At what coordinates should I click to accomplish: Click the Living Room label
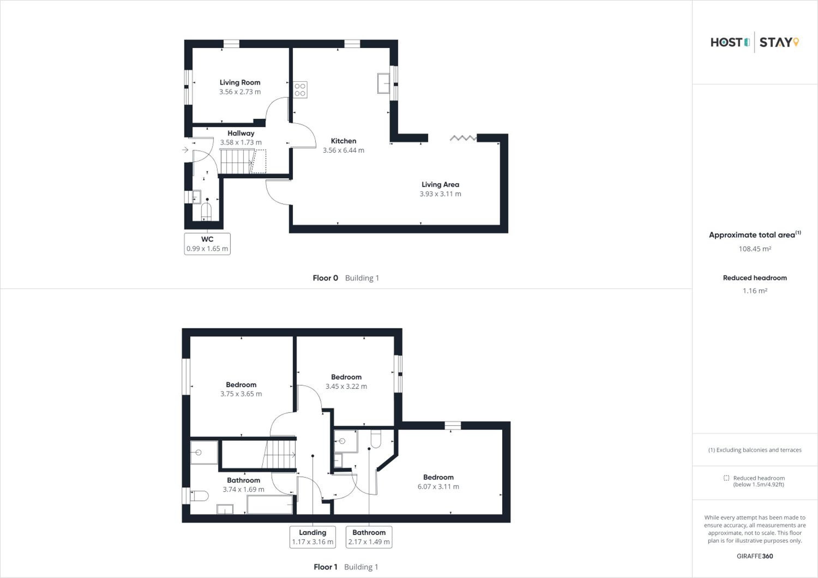click(x=240, y=83)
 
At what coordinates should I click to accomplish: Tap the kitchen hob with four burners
click(x=300, y=90)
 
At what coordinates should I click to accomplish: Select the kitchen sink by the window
click(x=384, y=83)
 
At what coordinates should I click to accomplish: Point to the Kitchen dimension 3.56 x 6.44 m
click(x=344, y=150)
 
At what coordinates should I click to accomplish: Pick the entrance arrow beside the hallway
click(x=185, y=150)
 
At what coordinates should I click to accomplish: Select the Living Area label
click(x=440, y=185)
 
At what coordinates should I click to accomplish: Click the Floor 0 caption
click(x=325, y=278)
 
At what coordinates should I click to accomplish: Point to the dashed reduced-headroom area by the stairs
click(x=259, y=161)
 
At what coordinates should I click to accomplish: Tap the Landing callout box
click(x=313, y=537)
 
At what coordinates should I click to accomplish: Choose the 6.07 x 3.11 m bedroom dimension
click(x=438, y=486)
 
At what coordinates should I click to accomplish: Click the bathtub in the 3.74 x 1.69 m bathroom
click(x=270, y=504)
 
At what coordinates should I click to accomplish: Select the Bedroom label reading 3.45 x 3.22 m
click(x=346, y=377)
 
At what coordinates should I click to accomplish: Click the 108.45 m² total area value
click(x=755, y=249)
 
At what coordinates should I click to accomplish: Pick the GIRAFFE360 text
click(x=755, y=556)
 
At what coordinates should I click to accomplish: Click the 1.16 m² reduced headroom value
click(x=755, y=291)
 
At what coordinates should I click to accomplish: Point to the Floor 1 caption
click(x=325, y=567)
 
